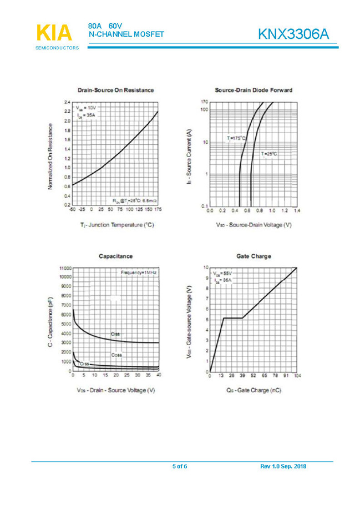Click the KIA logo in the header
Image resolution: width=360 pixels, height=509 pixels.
(54, 33)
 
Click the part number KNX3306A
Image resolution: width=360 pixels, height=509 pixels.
(293, 34)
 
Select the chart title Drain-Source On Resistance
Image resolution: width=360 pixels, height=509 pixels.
(115, 90)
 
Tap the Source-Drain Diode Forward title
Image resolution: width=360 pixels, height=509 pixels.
(253, 90)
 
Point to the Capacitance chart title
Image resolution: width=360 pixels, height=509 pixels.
(115, 256)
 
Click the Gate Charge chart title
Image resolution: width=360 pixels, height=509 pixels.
(253, 256)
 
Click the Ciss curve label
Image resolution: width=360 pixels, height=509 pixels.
(115, 334)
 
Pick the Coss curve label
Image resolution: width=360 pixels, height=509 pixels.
(116, 355)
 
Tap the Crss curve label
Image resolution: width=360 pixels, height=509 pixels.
(84, 364)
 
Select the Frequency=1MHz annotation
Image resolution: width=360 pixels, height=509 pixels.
(138, 273)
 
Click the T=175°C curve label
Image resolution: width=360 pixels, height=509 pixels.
(236, 138)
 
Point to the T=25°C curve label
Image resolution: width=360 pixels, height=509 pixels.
(269, 153)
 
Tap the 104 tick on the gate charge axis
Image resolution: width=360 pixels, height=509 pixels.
(297, 376)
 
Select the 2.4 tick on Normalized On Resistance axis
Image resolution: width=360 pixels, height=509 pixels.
(67, 103)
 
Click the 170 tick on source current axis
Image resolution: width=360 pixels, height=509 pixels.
(205, 103)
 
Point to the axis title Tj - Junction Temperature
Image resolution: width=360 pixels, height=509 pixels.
(116, 225)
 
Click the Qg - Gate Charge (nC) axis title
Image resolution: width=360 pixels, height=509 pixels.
(253, 390)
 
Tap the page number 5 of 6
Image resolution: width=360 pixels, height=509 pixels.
(180, 466)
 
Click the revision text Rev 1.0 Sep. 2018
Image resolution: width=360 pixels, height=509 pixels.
(283, 466)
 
